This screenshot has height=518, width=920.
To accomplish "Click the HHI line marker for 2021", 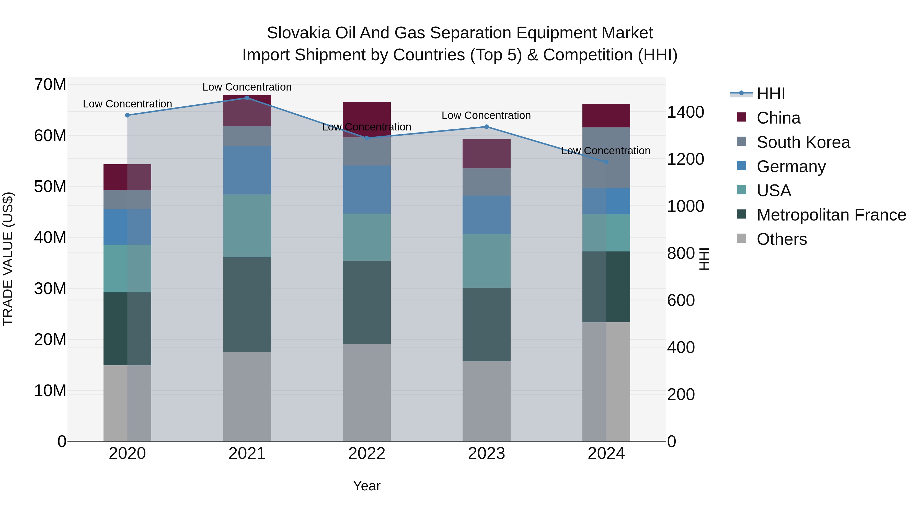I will coord(247,98).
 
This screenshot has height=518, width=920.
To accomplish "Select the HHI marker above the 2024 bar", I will coord(606,162).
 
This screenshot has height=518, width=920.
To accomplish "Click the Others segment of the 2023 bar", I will coord(486,401).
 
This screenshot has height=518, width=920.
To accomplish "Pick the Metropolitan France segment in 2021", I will coord(247,305).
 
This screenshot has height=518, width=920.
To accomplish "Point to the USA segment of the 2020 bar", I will coord(127,269).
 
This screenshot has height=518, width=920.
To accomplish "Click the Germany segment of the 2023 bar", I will coord(486,215).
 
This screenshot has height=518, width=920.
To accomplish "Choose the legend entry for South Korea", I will coord(803,142).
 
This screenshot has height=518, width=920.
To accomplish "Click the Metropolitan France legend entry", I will coord(831,215).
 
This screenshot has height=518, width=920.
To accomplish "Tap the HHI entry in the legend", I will coord(771,94).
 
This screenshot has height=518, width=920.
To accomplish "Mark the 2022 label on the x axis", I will coord(367,454).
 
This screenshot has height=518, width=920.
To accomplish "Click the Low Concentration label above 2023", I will coord(486,115).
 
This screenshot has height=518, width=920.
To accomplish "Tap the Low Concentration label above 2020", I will coord(127,104).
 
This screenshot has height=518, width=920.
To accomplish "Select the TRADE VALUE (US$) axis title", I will coord(8,259).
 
